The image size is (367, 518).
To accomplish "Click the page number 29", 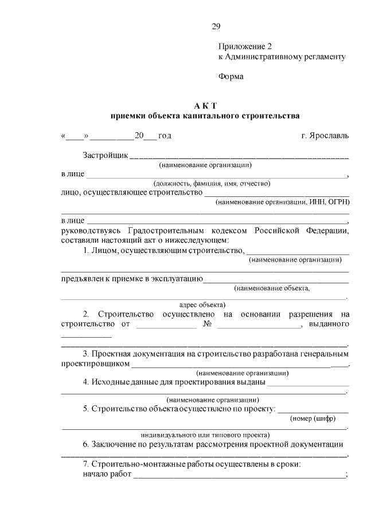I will point(216,26).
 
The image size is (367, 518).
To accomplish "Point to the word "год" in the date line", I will point(164,136).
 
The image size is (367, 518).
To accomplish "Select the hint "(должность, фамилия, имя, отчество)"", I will point(207,183).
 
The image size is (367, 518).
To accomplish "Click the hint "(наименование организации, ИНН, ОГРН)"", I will point(282,202).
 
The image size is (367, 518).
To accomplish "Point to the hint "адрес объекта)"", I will point(202,304).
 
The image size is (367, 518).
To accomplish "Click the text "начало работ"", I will point(107,474).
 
